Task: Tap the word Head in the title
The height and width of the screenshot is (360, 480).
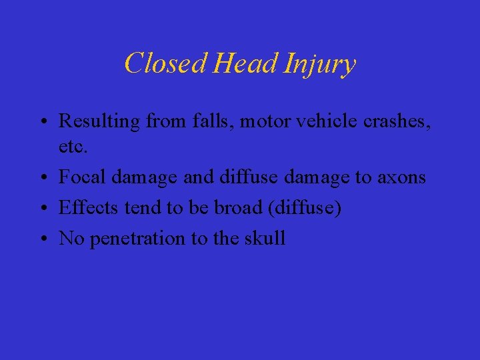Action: click(247, 64)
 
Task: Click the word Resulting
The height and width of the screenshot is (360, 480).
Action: click(99, 122)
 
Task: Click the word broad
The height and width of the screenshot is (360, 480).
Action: click(239, 207)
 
